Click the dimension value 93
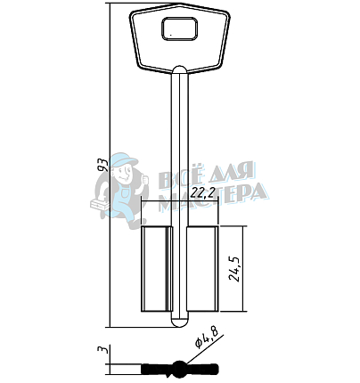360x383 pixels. click(x=103, y=165)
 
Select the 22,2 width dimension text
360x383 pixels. click(x=203, y=193)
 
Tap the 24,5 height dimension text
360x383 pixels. click(x=234, y=268)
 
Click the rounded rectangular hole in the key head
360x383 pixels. click(x=180, y=29)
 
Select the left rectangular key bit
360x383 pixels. click(x=156, y=269)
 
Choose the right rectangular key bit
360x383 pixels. click(x=202, y=269)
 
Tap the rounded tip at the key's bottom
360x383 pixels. click(x=180, y=323)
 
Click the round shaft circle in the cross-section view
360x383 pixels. click(x=179, y=370)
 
